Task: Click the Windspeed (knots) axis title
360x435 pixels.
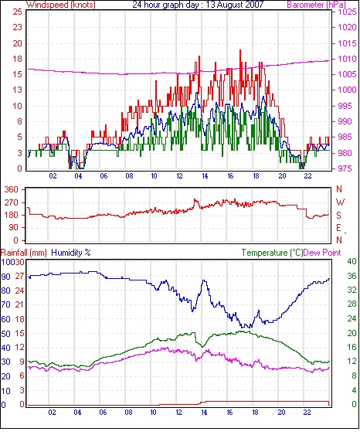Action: click(61, 5)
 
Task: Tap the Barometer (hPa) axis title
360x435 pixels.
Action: click(316, 5)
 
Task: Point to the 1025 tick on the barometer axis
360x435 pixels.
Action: click(347, 12)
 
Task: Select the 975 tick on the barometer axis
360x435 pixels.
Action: click(345, 168)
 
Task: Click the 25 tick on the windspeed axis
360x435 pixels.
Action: click(18, 12)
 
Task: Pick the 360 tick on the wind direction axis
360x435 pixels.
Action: click(12, 190)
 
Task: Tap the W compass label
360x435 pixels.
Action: click(340, 202)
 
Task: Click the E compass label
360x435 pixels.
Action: click(338, 228)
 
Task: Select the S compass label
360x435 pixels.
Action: click(338, 215)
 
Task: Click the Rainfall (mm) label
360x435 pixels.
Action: click(24, 253)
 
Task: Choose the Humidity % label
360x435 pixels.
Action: click(71, 253)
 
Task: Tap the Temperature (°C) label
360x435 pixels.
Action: click(272, 253)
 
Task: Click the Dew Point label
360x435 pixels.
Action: click(322, 253)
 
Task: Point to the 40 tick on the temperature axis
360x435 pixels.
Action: click(352, 261)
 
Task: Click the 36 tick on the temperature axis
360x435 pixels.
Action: click(352, 276)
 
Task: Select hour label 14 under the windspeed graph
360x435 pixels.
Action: click(205, 176)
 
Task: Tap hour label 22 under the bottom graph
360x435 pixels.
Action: click(307, 413)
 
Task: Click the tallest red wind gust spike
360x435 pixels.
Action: click(240, 50)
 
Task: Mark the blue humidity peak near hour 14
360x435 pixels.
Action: click(205, 280)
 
